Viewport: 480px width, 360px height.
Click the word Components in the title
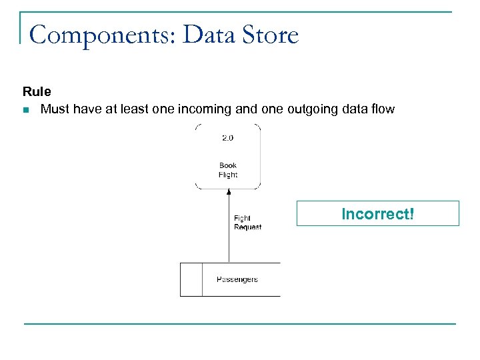click(100, 34)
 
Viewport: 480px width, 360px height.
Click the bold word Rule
click(37, 92)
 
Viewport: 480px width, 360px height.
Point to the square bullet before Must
click(26, 109)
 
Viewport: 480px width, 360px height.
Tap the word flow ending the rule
click(381, 109)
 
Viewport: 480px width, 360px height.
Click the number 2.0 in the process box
click(228, 138)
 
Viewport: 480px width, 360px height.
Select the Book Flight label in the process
click(228, 170)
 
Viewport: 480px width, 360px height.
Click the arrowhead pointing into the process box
click(229, 193)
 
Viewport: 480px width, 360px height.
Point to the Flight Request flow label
click(247, 223)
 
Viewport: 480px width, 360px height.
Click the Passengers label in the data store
click(237, 279)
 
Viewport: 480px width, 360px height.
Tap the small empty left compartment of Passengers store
click(191, 279)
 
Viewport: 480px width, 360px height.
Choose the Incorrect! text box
click(377, 214)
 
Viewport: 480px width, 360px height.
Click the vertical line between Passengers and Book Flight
click(229, 233)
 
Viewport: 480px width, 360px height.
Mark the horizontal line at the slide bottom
click(240, 324)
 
